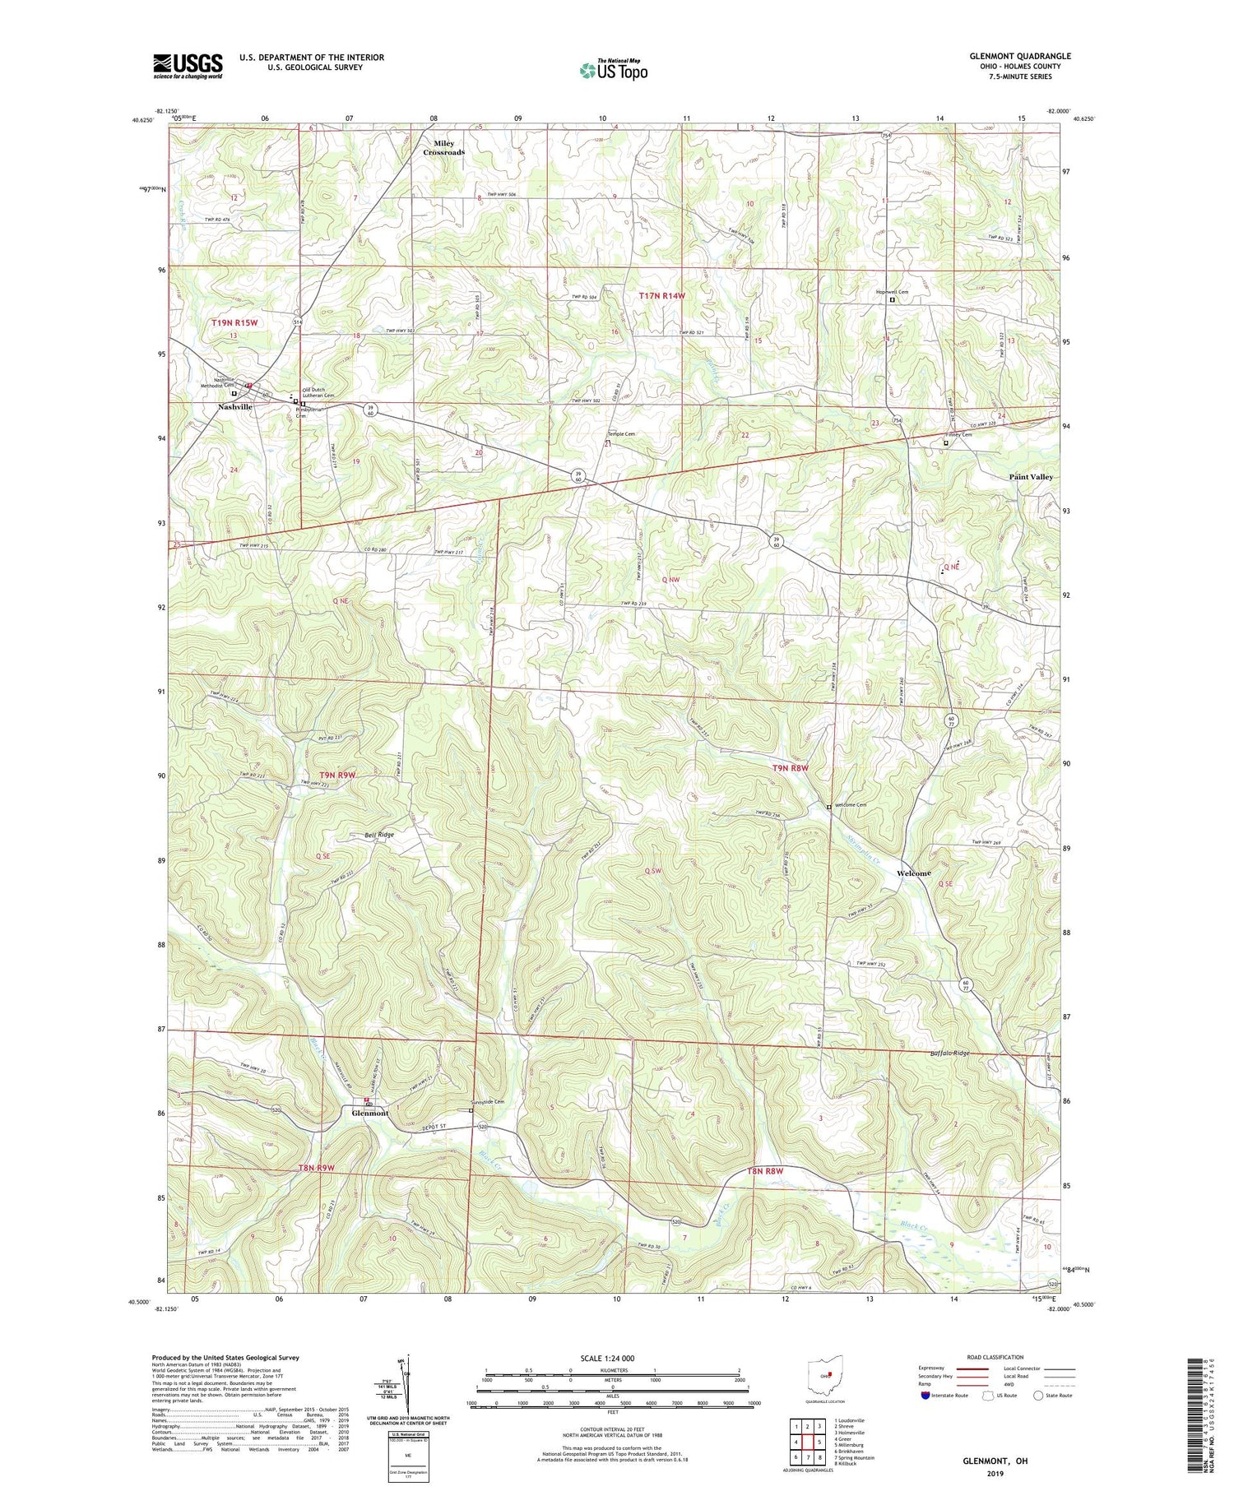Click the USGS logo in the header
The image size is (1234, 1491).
(188, 66)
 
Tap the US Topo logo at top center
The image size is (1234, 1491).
(613, 71)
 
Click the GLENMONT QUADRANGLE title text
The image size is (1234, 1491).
(1019, 56)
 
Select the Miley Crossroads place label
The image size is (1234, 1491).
(443, 148)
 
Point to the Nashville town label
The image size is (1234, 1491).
(234, 407)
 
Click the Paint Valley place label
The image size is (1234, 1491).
(1030, 477)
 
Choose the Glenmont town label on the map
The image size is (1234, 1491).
(369, 1114)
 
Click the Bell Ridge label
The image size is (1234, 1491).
(379, 835)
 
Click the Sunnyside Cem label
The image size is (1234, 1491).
(486, 1102)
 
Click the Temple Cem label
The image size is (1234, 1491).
(621, 434)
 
